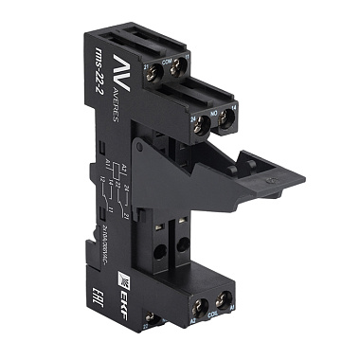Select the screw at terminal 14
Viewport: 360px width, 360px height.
click(227, 119)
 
